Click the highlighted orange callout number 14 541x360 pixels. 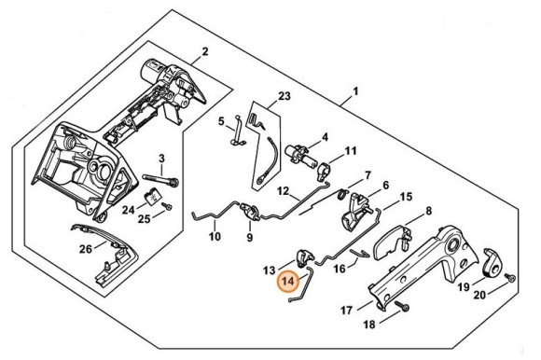(x=288, y=282)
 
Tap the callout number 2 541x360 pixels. (x=205, y=51)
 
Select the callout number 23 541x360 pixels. (x=284, y=96)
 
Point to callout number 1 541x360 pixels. (x=355, y=91)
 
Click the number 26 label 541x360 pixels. (x=86, y=248)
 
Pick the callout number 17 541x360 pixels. (x=346, y=311)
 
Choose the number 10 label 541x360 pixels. (x=215, y=237)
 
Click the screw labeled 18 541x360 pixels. (x=402, y=305)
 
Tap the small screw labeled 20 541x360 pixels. (x=510, y=277)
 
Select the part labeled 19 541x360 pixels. (x=492, y=263)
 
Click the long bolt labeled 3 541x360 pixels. (x=160, y=180)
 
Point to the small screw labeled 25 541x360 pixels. (x=169, y=206)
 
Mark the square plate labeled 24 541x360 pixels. (x=151, y=197)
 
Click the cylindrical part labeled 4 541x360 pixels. (x=299, y=156)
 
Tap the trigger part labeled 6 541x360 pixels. (x=354, y=211)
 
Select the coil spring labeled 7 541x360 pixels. (x=342, y=194)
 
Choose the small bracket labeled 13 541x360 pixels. (x=305, y=258)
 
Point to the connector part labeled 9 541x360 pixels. (x=251, y=212)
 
